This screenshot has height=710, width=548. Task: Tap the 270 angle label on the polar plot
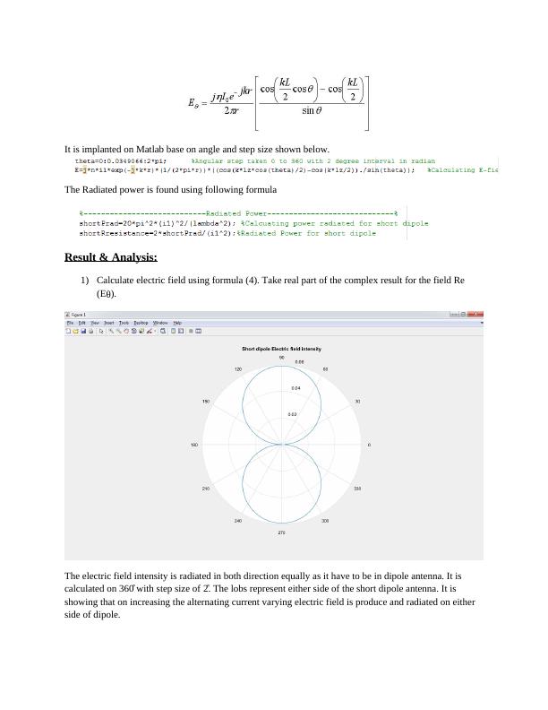pos(281,533)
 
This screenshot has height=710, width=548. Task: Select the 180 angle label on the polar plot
pos(194,445)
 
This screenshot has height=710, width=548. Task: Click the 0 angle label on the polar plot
pos(370,445)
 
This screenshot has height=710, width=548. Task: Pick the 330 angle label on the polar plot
pos(357,489)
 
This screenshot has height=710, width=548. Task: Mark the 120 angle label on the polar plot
pos(237,368)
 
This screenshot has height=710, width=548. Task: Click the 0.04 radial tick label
pos(295,388)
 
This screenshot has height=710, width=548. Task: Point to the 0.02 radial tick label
pos(293,414)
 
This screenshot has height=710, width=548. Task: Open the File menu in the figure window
pos(70,322)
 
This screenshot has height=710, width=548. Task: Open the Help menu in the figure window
pos(177,322)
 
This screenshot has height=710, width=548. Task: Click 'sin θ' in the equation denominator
pos(314,112)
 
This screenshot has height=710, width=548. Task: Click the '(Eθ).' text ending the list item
pos(107,293)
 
